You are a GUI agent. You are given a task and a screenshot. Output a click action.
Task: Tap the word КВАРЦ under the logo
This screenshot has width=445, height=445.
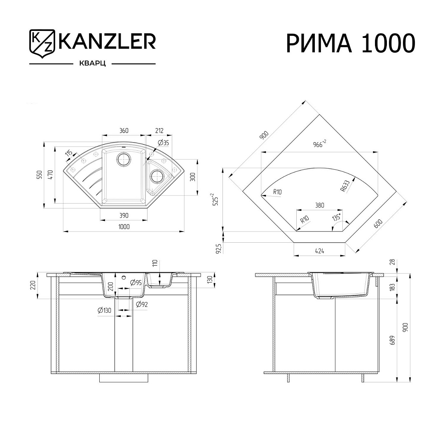pos(92,64)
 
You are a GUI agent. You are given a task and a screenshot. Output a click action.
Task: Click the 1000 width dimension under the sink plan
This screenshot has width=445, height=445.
pos(124,227)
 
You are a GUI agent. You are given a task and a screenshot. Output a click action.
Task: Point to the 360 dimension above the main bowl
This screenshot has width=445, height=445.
pos(124,131)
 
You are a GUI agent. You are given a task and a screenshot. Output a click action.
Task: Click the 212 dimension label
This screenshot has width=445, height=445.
pos(159,131)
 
